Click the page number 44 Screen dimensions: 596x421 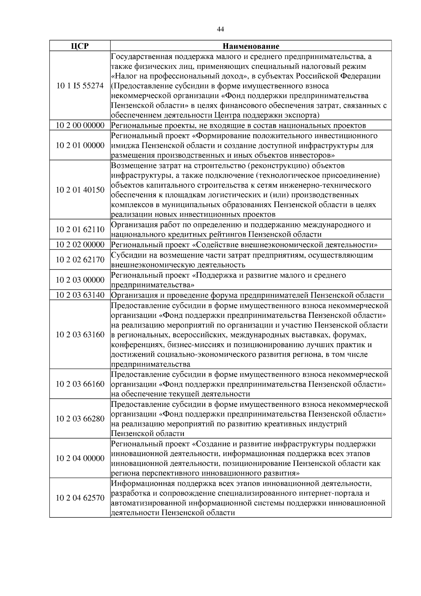point(220,29)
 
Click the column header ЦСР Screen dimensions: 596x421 point(80,46)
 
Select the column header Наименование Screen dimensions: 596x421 point(251,46)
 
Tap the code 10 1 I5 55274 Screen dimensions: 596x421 point(80,86)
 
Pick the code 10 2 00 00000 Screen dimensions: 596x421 point(80,125)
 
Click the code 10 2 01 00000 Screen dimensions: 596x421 point(80,145)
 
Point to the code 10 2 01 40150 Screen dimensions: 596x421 point(80,190)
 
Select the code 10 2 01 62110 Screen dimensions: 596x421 point(80,230)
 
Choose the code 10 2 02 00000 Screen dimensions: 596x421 point(80,245)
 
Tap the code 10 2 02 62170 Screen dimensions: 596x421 point(80,260)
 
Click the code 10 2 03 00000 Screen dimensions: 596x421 point(80,280)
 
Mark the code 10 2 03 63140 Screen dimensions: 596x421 point(80,295)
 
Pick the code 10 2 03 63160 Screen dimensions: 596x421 point(80,335)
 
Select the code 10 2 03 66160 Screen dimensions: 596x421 point(80,384)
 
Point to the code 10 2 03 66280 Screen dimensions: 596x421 point(80,419)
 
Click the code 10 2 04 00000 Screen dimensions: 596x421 point(80,458)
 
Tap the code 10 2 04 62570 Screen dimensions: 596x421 point(80,498)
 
